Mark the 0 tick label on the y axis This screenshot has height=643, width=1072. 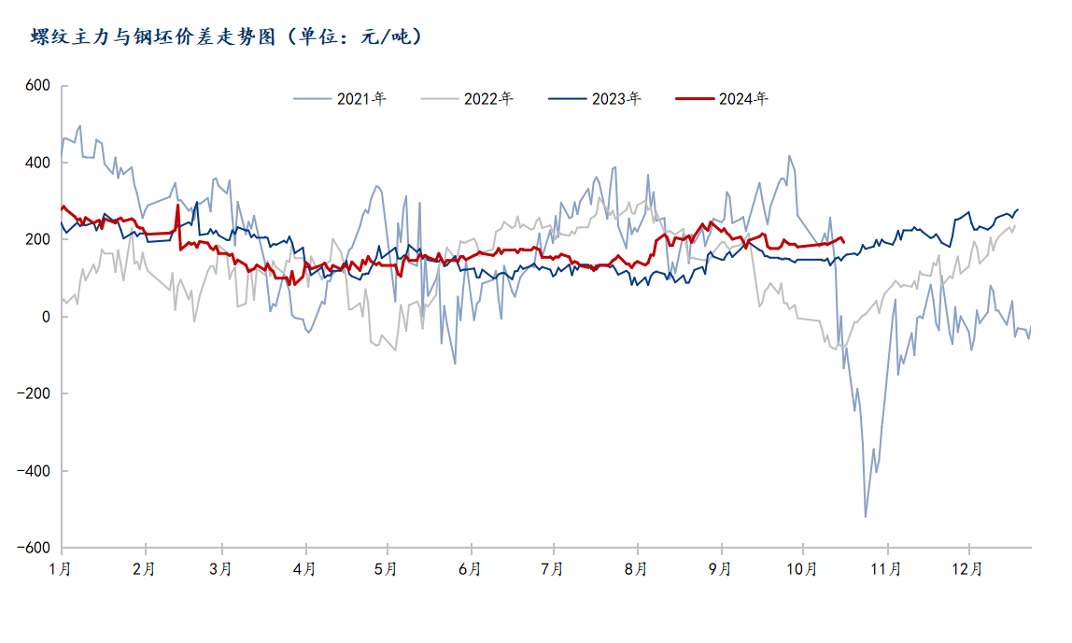pyautogui.click(x=44, y=317)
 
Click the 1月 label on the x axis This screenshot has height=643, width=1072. pyautogui.click(x=62, y=568)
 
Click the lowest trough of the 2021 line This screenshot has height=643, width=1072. pyautogui.click(x=866, y=517)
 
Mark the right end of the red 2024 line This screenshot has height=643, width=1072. pyautogui.click(x=844, y=242)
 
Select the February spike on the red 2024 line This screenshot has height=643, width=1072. pyautogui.click(x=177, y=206)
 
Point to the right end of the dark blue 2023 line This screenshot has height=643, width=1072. pyautogui.click(x=1018, y=209)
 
